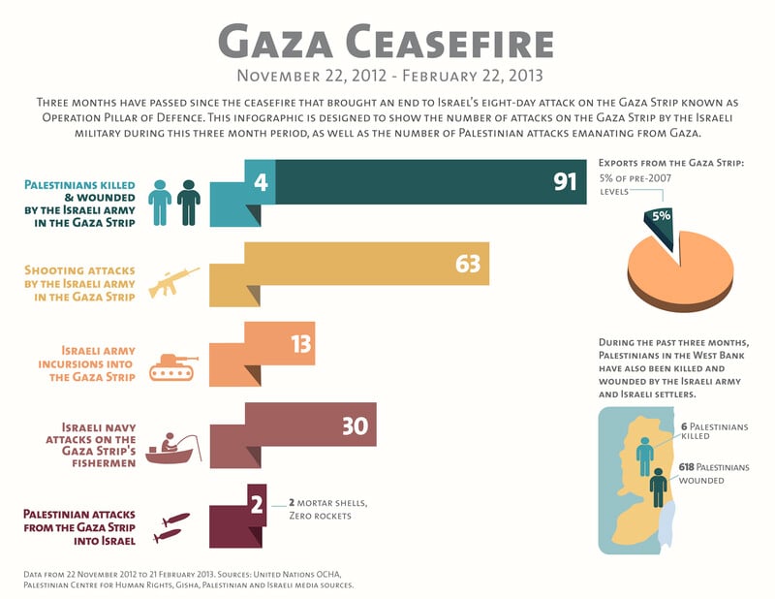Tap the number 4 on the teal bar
coord(261,181)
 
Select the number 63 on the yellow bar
coord(468,264)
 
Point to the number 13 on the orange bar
coord(300,344)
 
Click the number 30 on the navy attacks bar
coord(355,426)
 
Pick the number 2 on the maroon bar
coord(257,504)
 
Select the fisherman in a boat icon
coord(172,448)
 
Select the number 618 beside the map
coord(690,466)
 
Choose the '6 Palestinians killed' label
coord(715,431)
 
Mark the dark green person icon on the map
coord(660,487)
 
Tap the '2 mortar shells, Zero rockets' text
coord(327,510)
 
